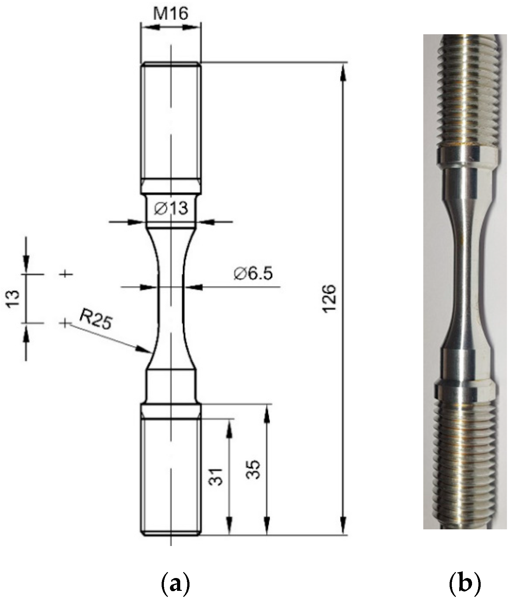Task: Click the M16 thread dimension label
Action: coord(170,14)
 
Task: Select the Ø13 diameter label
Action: coord(171,209)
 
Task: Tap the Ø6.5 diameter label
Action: coord(253,274)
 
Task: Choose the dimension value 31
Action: coord(217,477)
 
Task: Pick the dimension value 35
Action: coord(253,470)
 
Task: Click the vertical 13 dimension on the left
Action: coord(13,299)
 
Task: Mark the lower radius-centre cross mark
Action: coord(65,323)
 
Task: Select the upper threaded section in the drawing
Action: coord(171,122)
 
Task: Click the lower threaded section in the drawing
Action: coord(171,474)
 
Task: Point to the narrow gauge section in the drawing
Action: coord(171,298)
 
